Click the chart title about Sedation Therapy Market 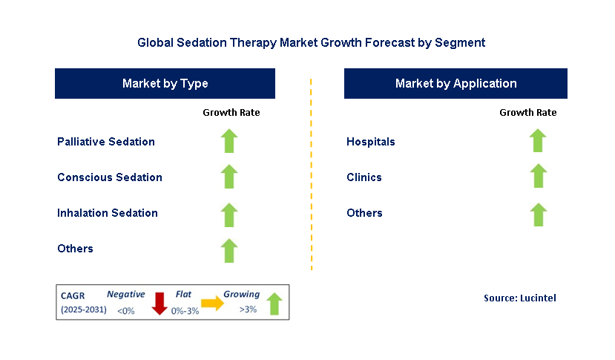click(x=311, y=43)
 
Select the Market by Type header click(x=165, y=84)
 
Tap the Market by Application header click(x=456, y=84)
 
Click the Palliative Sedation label click(x=106, y=142)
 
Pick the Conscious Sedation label click(x=110, y=177)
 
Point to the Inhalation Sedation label click(x=108, y=213)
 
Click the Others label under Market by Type click(x=75, y=249)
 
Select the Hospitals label click(x=371, y=142)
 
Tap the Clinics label click(x=364, y=177)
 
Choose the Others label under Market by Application click(x=364, y=213)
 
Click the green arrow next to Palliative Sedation click(x=229, y=141)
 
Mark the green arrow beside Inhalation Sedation click(x=229, y=214)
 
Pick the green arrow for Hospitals click(x=538, y=141)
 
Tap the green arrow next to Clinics click(x=538, y=177)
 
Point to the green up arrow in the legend click(x=274, y=304)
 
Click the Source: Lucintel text click(x=519, y=298)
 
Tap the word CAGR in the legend click(x=73, y=295)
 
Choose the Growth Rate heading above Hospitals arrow click(x=527, y=113)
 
